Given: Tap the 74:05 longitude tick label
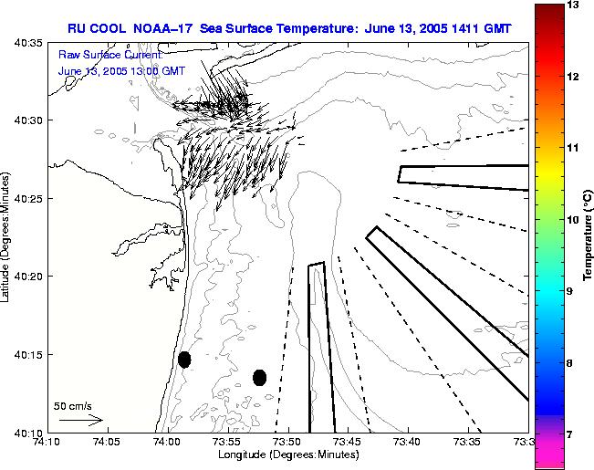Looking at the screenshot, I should (107, 443).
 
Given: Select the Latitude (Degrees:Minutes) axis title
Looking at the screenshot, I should (7, 236).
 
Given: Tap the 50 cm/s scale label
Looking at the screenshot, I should (72, 405).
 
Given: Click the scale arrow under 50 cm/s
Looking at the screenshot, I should (80, 420).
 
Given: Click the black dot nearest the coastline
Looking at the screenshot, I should (184, 360).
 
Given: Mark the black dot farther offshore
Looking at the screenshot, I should (259, 377).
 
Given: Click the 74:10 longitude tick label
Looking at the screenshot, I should (47, 443).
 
